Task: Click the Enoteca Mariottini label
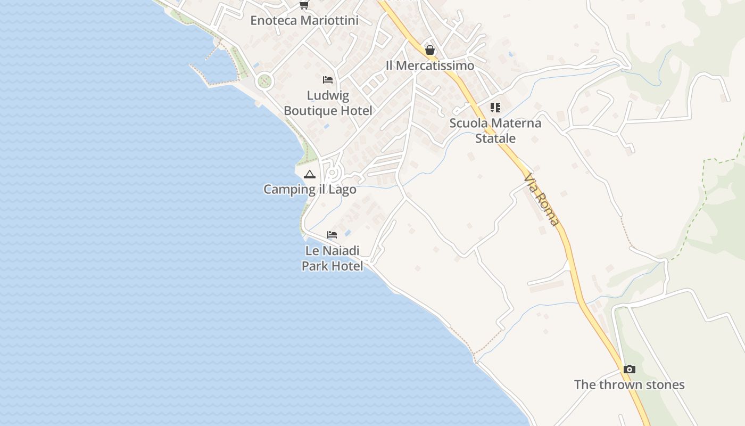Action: point(304,21)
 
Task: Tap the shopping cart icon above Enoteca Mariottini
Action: point(304,5)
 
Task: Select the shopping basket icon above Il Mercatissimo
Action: point(430,50)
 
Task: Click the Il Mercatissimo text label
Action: point(430,65)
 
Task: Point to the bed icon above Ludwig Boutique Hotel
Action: point(328,80)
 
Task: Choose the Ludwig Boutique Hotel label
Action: point(328,103)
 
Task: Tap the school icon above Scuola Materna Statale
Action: point(495,108)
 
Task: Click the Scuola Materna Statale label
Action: point(495,130)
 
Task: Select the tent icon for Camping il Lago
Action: point(309,174)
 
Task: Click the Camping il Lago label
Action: point(310,189)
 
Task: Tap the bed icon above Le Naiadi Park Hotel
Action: point(332,235)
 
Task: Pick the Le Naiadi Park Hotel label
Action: point(333,258)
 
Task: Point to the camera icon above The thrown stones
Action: point(630,369)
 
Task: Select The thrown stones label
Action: point(629,384)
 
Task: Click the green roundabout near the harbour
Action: point(264,81)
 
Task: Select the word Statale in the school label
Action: point(495,138)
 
